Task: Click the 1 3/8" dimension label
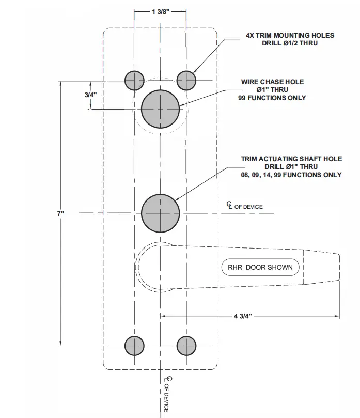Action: click(161, 12)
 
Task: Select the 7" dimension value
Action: click(60, 213)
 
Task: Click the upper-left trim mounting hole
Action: click(134, 80)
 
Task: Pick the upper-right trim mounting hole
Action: click(186, 80)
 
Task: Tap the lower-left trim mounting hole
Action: click(134, 345)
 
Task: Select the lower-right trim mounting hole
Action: click(186, 345)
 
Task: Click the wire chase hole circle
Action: click(161, 109)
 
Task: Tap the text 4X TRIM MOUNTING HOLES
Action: click(290, 36)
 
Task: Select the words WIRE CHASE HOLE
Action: click(272, 82)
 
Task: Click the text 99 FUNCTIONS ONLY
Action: click(272, 98)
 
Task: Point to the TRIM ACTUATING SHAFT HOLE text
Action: click(291, 159)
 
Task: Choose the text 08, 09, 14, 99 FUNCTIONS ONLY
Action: click(291, 175)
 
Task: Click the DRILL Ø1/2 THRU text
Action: click(290, 43)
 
